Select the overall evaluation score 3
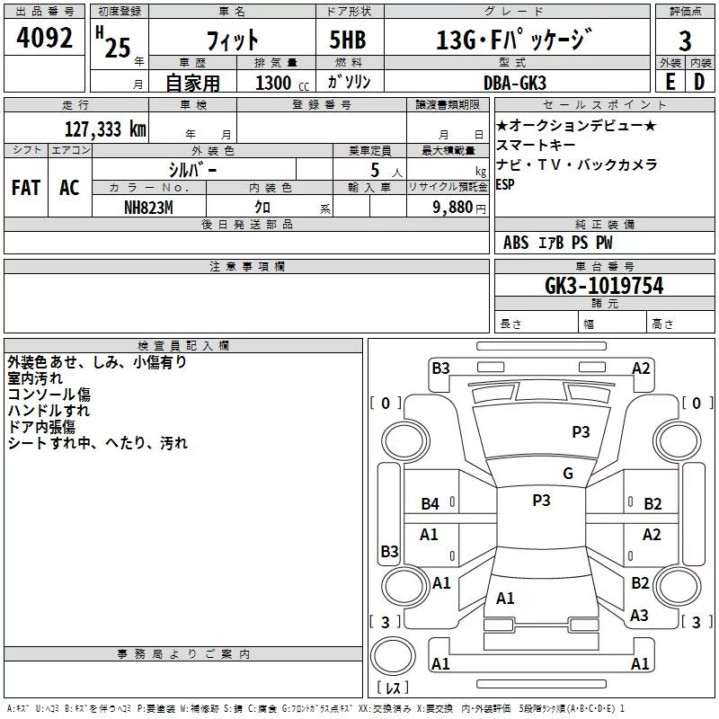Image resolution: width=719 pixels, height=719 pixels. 686,40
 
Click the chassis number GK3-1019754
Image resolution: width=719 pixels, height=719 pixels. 604,286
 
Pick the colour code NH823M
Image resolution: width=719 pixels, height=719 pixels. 149,207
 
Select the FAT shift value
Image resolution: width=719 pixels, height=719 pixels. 26,188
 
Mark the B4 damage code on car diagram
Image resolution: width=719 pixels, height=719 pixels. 431,504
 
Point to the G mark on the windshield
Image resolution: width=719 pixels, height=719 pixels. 568,474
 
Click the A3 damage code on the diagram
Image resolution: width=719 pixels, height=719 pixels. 640,616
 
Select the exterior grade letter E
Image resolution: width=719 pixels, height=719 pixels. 670,82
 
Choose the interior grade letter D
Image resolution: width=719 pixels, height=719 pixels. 699,82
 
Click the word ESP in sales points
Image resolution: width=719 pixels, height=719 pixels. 505,184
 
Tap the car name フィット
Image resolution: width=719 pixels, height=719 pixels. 232,40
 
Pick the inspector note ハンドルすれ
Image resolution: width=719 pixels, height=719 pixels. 49,411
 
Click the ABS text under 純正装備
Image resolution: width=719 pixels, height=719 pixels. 516,244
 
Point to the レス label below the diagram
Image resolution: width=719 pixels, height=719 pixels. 393,688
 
